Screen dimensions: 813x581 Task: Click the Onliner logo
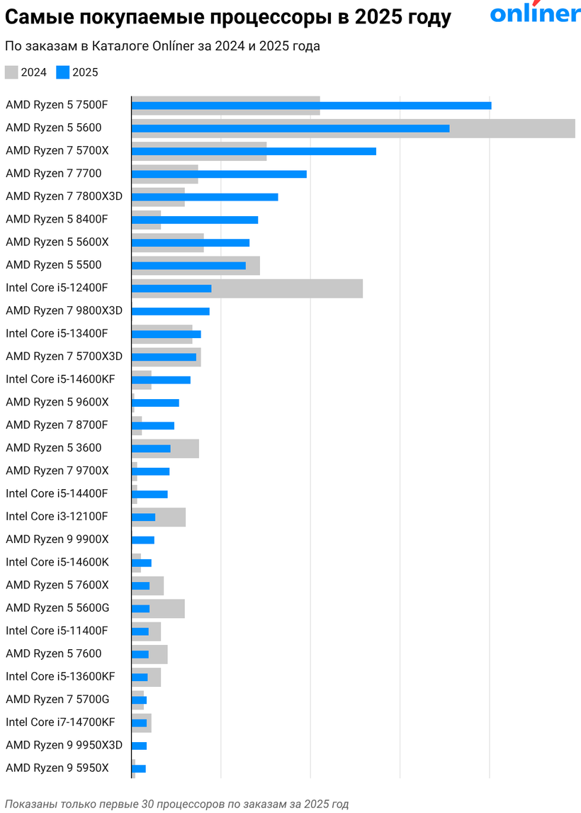(535, 14)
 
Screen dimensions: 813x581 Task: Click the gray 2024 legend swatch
(11, 72)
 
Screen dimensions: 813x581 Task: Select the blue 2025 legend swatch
(63, 72)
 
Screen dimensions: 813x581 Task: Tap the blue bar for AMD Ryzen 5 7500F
(311, 106)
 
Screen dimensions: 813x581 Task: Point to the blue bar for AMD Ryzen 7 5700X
(254, 151)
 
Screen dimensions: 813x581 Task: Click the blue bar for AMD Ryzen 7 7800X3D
(205, 196)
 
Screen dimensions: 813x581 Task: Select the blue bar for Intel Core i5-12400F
(171, 288)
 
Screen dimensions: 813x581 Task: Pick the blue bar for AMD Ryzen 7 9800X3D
(171, 311)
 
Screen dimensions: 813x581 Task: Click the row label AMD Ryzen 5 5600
(53, 128)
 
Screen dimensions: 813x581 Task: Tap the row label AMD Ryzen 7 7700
(53, 174)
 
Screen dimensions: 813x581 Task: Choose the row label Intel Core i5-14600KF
(60, 379)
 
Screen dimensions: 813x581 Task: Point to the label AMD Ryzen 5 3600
(53, 448)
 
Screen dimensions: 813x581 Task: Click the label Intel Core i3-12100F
(57, 516)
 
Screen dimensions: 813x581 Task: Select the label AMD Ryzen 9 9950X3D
(64, 745)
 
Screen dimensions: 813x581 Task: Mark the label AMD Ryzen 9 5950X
(57, 768)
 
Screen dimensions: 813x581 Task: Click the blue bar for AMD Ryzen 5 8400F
(195, 220)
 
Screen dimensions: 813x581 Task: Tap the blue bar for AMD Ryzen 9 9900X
(143, 540)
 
